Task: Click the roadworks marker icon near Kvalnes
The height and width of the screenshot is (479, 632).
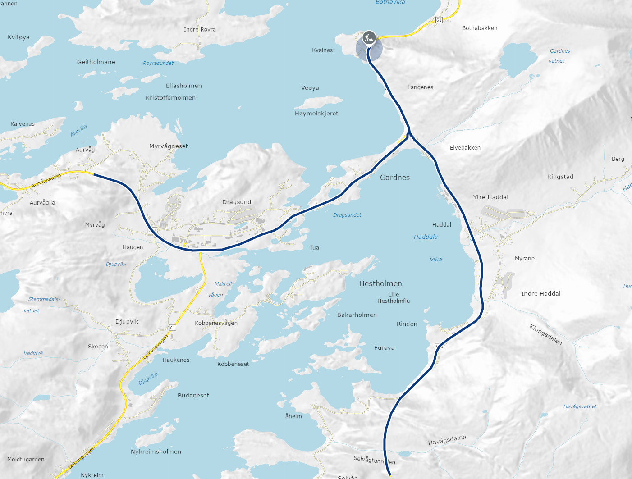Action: pos(369,37)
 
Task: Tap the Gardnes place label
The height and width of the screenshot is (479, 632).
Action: pos(395,178)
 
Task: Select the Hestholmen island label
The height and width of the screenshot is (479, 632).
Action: pos(380,283)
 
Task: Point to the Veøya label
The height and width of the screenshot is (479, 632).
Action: pos(310,88)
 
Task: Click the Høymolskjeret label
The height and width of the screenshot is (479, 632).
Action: pos(316,114)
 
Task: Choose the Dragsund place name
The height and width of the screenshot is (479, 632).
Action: pos(237,202)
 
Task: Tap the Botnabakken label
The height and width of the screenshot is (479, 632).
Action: pos(480,28)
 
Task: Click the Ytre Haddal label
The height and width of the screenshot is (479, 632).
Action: pos(490,197)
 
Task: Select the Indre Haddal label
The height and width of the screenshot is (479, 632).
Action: pos(541,293)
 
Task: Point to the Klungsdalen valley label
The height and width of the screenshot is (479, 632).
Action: pos(546,334)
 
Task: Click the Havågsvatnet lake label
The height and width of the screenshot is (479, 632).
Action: pos(580,406)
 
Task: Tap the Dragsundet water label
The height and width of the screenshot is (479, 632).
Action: pos(347,215)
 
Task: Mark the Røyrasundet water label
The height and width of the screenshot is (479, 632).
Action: pos(158,63)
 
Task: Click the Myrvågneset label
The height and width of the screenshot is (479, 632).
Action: pos(169,146)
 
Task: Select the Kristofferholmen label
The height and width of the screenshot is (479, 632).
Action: pos(170,97)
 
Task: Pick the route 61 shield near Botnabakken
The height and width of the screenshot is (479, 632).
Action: pos(439,20)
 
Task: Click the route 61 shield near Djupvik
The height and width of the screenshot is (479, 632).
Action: pos(173,328)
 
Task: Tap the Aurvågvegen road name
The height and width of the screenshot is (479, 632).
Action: pos(46,181)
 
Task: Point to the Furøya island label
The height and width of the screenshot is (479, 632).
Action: pos(384,347)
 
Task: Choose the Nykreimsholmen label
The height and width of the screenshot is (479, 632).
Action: pos(156,452)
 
